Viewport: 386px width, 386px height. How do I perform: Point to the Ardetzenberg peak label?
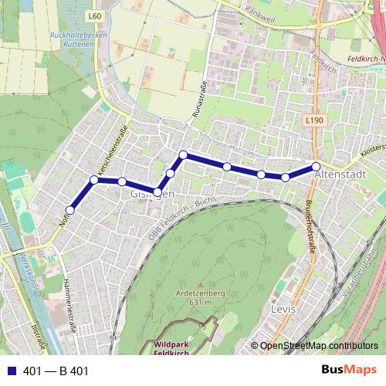pos(200,297)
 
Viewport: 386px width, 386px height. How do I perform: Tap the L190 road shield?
pos(313,120)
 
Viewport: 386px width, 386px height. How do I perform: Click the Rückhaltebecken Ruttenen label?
pos(72,40)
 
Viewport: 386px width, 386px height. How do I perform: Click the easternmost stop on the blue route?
pos(316,167)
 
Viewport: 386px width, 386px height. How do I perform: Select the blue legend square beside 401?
pos(10,371)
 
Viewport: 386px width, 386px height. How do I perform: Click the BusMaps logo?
pos(344,371)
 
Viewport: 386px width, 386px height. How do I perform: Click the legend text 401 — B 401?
pos(56,371)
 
